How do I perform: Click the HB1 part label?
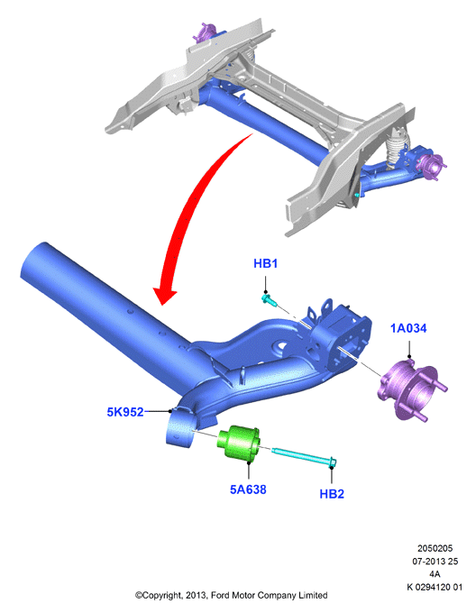(265, 263)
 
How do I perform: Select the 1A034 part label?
(408, 328)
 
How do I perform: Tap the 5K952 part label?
(125, 412)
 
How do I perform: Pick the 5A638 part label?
(248, 489)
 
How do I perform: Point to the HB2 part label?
(332, 494)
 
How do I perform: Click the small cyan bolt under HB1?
(270, 300)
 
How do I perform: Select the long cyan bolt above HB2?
(304, 456)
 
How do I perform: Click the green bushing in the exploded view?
(238, 444)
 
